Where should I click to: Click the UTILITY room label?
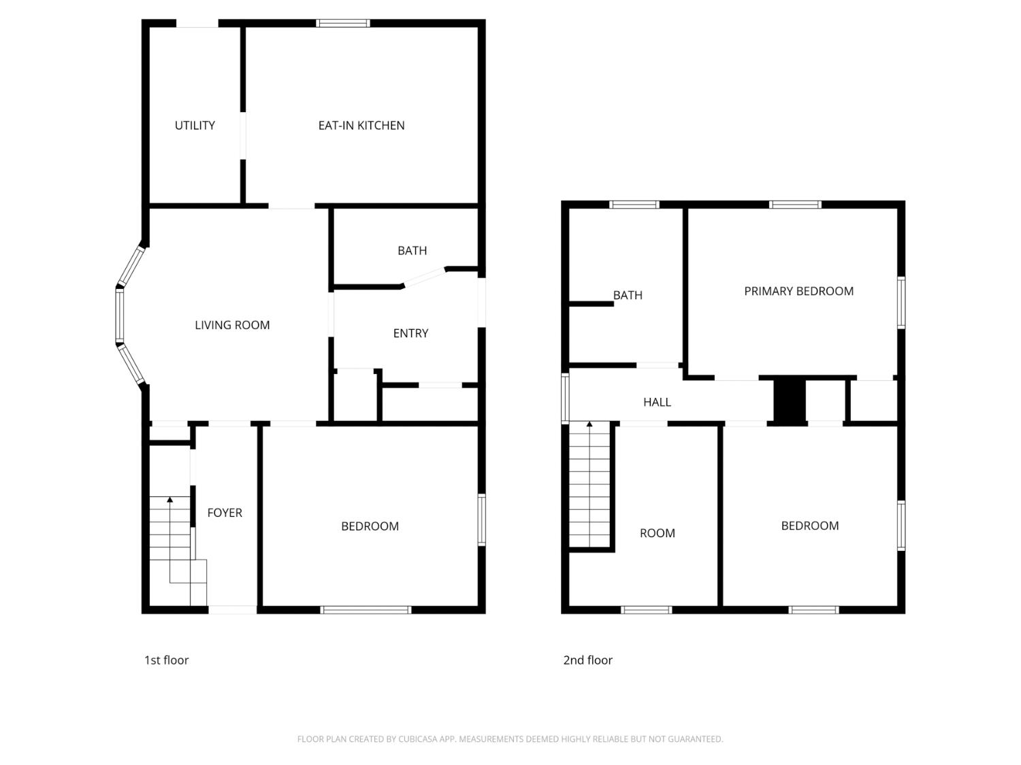[195, 125]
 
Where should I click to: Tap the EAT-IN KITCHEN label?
[361, 125]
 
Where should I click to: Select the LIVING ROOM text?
[232, 325]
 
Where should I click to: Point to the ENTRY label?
[410, 333]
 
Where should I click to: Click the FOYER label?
[225, 513]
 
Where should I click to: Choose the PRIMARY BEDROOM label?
[798, 291]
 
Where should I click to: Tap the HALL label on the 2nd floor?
[657, 402]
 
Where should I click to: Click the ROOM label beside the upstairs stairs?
[657, 533]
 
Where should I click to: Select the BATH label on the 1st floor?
[412, 250]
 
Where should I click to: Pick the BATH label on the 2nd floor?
[628, 295]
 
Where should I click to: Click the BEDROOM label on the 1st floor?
[370, 526]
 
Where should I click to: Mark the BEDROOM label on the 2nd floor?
[809, 526]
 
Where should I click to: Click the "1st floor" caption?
[166, 660]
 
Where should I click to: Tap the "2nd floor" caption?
[587, 660]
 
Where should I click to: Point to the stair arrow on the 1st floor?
[169, 500]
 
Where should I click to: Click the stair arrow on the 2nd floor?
[589, 425]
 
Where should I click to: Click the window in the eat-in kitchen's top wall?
[343, 23]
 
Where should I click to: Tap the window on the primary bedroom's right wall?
[901, 302]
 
